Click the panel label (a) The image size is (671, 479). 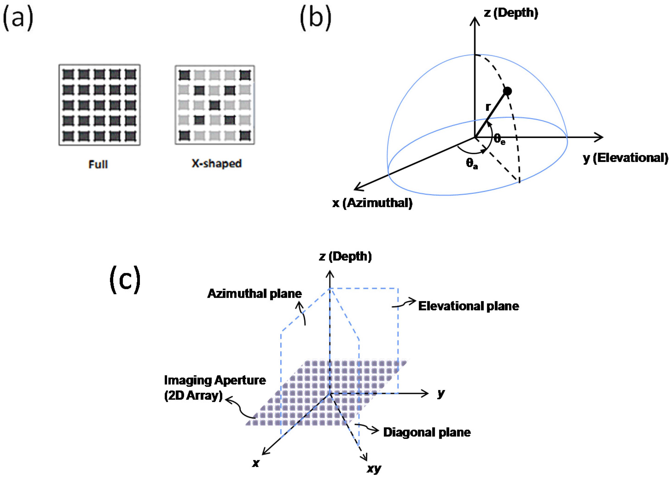coord(18,18)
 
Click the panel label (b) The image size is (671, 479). coord(315,18)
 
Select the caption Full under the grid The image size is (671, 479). coord(98,164)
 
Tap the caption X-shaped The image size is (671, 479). coord(217,163)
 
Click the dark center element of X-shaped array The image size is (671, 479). coord(215,105)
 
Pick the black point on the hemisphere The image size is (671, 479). coord(507,91)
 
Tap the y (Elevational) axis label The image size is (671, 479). coord(625,158)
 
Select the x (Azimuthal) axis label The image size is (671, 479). coord(372,203)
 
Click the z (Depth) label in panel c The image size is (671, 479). coord(345,256)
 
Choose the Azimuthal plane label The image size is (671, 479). coord(254,294)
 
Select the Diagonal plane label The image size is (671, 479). coord(427,432)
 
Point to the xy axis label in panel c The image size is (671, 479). coord(374,468)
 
